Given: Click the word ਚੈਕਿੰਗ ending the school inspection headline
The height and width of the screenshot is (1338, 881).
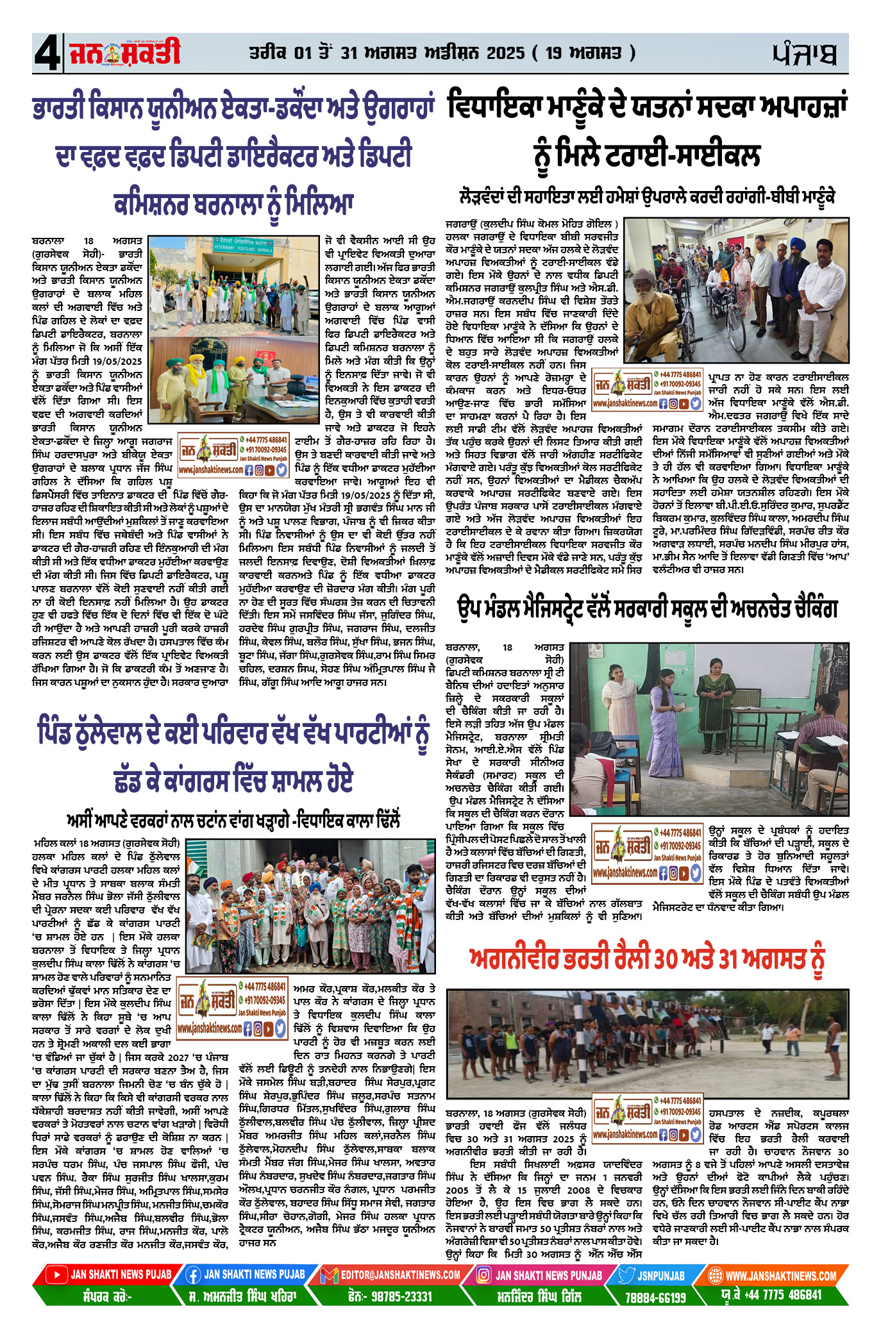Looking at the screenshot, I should [x=807, y=608].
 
